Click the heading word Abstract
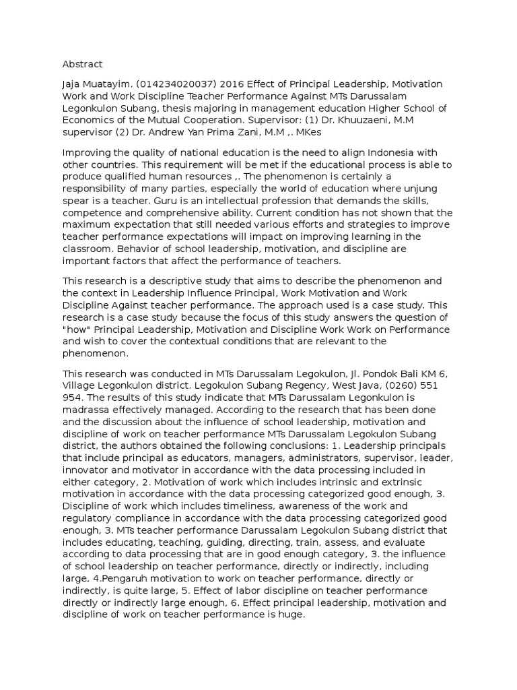tap(82, 64)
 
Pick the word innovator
tap(85, 470)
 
